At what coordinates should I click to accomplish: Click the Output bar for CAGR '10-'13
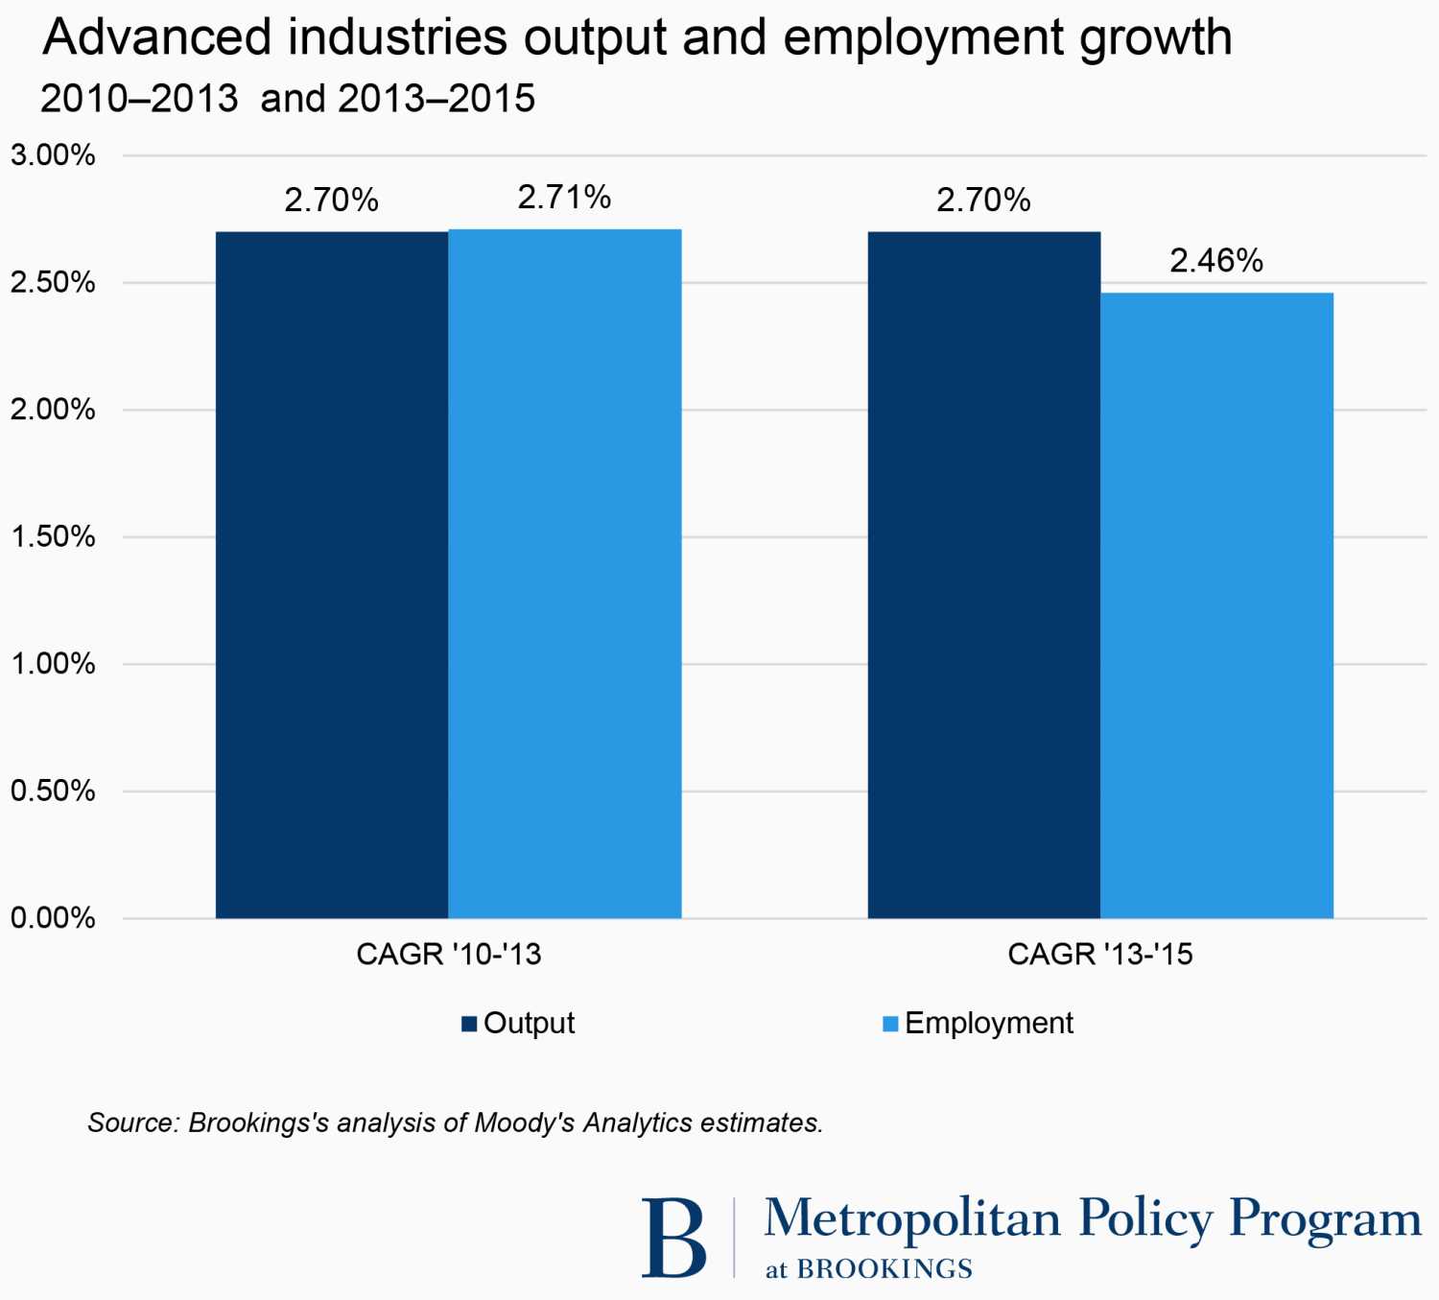(332, 576)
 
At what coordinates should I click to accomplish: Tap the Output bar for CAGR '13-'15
(984, 576)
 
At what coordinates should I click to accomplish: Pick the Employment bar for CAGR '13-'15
(1216, 605)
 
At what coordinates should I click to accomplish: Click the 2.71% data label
(564, 198)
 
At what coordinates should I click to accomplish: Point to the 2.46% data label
(1216, 261)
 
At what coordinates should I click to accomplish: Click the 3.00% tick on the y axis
(53, 155)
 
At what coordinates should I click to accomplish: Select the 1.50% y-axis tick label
(53, 536)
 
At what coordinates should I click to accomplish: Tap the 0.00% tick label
(53, 918)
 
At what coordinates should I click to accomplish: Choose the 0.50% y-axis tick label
(53, 791)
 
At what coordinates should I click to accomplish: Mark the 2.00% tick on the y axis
(53, 410)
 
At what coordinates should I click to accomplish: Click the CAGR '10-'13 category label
(449, 955)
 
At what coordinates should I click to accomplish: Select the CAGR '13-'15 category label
(1100, 955)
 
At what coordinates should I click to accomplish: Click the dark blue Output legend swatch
(469, 1024)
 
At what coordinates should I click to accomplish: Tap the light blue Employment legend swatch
(890, 1024)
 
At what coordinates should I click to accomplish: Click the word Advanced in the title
(157, 38)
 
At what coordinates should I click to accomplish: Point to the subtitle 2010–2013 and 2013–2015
(288, 99)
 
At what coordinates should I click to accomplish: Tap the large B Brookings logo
(673, 1237)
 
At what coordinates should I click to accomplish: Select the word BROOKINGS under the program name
(885, 1269)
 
